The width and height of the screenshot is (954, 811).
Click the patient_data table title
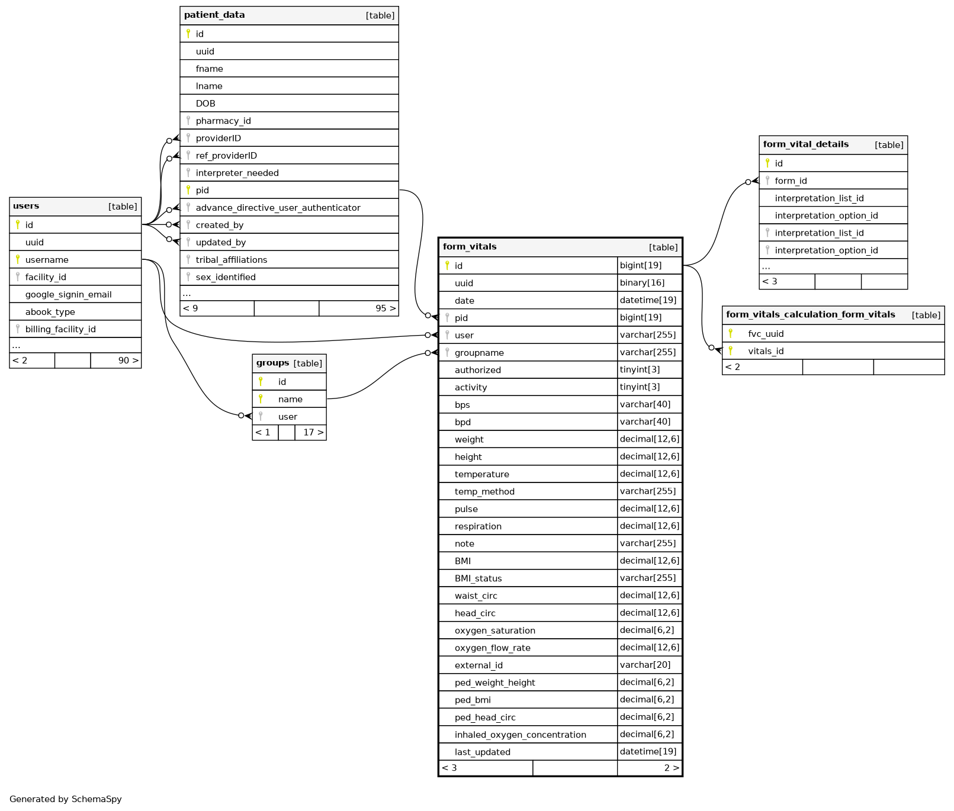[214, 15]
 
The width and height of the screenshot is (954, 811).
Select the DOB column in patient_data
[205, 104]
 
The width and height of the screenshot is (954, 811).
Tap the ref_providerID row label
[226, 156]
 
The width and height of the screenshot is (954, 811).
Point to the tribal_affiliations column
[231, 260]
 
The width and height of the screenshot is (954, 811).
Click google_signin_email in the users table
[68, 295]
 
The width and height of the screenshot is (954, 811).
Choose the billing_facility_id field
[60, 330]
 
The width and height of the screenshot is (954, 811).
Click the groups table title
[272, 363]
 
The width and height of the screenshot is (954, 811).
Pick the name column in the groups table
[290, 400]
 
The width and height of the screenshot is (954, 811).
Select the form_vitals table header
[470, 247]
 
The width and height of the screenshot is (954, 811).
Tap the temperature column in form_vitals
[481, 475]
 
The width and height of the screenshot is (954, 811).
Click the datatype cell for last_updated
[648, 752]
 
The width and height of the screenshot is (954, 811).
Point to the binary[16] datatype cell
[642, 283]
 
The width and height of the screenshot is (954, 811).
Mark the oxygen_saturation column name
[494, 631]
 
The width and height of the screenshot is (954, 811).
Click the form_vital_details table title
[805, 144]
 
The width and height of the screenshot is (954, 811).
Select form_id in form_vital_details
[791, 181]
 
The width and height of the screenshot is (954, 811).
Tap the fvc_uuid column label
[766, 334]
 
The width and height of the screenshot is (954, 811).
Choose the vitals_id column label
[766, 352]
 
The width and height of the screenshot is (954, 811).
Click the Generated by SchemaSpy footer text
[66, 799]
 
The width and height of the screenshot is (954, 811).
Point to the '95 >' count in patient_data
[385, 308]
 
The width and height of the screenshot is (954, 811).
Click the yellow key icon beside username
[18, 259]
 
